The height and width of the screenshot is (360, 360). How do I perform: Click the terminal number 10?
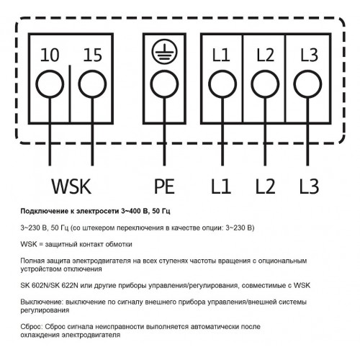(50, 55)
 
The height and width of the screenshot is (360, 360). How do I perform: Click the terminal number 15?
(92, 55)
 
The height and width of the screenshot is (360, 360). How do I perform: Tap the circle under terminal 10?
(50, 84)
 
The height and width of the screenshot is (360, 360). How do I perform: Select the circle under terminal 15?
(92, 84)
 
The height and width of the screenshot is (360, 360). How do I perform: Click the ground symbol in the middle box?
(164, 51)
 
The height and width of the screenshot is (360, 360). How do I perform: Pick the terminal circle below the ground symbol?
(164, 84)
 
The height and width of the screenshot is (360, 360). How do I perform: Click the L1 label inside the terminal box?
(221, 55)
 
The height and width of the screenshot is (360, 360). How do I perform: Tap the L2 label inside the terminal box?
(265, 55)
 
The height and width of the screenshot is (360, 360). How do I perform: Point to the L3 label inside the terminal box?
(309, 55)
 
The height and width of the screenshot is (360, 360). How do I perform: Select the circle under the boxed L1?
(222, 84)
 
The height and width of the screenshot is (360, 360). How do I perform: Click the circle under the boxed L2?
(265, 84)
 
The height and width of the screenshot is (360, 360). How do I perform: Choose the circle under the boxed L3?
(307, 84)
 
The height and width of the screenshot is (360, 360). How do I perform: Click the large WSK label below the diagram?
(71, 186)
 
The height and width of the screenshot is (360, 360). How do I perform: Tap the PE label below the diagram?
(164, 186)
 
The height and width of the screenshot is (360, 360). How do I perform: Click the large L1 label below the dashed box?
(221, 186)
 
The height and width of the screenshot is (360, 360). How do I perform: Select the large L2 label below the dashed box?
(265, 186)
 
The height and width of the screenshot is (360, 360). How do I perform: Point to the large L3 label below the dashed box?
(310, 186)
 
